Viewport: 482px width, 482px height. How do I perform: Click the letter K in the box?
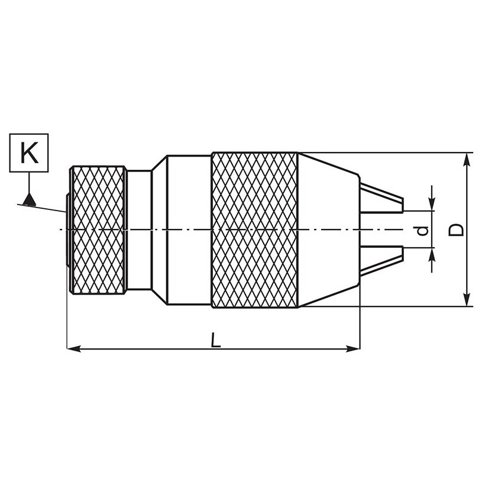point(30,153)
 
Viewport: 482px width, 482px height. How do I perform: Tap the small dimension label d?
point(422,231)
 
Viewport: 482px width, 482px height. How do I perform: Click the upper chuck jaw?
point(381,198)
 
